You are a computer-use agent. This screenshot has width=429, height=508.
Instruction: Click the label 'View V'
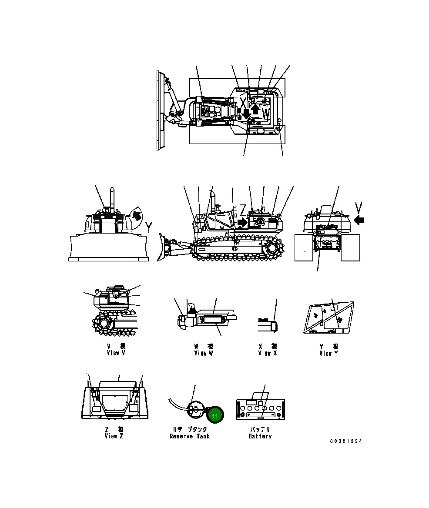(x=116, y=353)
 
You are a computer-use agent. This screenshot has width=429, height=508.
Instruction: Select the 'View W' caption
(x=203, y=353)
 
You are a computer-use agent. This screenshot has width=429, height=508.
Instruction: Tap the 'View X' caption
(x=267, y=353)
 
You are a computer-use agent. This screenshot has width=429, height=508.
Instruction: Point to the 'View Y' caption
(x=328, y=353)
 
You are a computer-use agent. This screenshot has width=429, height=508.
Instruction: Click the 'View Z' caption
(x=114, y=436)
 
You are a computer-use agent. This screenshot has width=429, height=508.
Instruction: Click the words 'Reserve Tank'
(x=190, y=436)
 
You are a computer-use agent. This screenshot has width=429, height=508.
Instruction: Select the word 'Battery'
(x=260, y=436)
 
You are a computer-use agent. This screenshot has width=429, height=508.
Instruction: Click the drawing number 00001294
(x=346, y=441)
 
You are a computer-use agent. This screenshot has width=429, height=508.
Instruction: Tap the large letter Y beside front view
(x=149, y=226)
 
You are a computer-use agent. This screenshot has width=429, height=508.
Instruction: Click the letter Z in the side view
(x=243, y=208)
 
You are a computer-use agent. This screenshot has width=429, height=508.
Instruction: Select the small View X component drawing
(x=266, y=324)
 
